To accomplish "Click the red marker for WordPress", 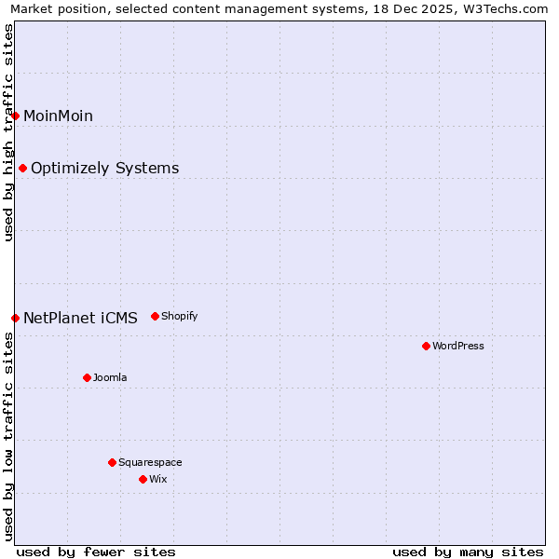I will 426,346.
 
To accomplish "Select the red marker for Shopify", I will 155,316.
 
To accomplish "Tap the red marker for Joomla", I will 87,377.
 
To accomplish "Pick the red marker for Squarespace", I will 112,462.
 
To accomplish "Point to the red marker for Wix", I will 143,479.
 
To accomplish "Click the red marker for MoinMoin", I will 15,116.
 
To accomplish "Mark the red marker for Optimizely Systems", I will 22,168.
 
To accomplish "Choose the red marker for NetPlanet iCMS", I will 15,318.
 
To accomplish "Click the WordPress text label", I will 458,346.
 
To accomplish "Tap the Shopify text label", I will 180,316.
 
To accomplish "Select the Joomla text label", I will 110,377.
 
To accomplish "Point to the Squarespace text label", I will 150,462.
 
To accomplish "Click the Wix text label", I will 158,479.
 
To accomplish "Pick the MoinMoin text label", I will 58,116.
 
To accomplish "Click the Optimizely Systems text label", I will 105,168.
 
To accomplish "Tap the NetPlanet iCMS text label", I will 80,318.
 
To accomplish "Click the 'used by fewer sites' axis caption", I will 96,552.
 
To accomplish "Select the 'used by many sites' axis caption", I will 468,552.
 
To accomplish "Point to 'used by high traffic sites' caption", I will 8,132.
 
